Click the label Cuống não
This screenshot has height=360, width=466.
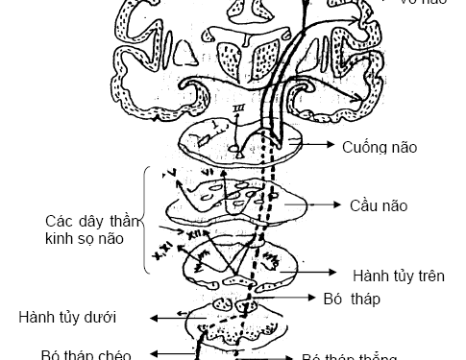tap(377, 147)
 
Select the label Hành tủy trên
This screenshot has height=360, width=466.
tap(396, 275)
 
